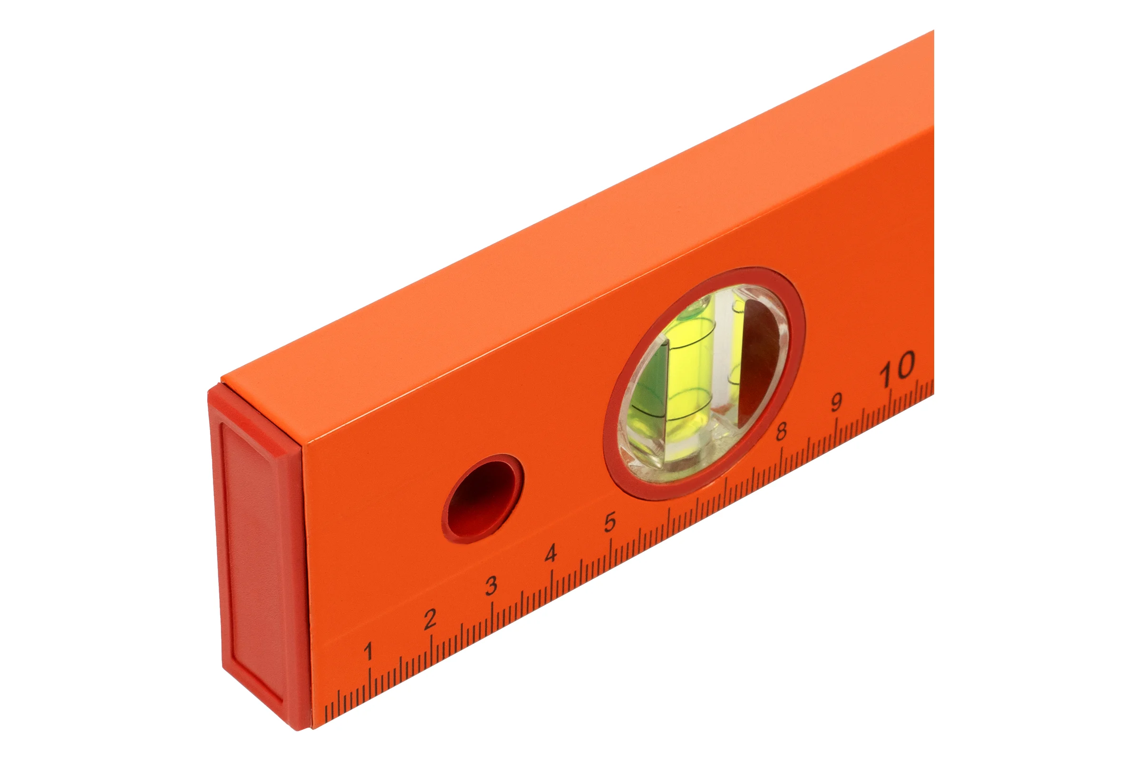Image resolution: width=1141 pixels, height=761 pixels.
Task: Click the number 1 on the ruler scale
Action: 369,651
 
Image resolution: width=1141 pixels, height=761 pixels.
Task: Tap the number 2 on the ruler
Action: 430,619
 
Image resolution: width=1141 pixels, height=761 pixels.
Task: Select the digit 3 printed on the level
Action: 492,586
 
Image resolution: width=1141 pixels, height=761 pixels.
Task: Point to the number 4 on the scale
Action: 551,554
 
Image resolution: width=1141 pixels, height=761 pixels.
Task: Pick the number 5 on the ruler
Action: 610,522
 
